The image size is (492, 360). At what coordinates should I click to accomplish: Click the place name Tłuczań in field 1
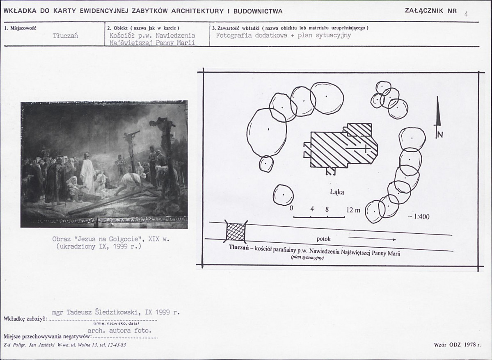(65, 35)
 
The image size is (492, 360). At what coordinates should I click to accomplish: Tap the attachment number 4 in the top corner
(466, 14)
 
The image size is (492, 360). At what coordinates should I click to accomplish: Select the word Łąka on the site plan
(336, 192)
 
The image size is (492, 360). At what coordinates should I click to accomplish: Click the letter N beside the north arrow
(440, 134)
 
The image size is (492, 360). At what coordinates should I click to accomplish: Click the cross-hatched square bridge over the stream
(236, 232)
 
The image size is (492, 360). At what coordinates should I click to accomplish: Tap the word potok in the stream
(323, 239)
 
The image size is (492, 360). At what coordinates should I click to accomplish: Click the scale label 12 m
(353, 210)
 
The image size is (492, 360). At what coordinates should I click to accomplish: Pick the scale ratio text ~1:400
(418, 216)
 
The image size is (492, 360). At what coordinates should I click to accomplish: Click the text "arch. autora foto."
(119, 330)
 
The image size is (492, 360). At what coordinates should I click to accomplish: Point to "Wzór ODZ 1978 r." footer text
(457, 345)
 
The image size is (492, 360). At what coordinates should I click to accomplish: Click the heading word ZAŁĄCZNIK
(424, 10)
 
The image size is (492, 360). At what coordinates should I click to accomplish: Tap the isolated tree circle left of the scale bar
(283, 195)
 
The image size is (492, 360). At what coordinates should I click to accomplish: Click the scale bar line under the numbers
(319, 216)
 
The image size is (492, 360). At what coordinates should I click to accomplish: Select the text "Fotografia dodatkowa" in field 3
(251, 35)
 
